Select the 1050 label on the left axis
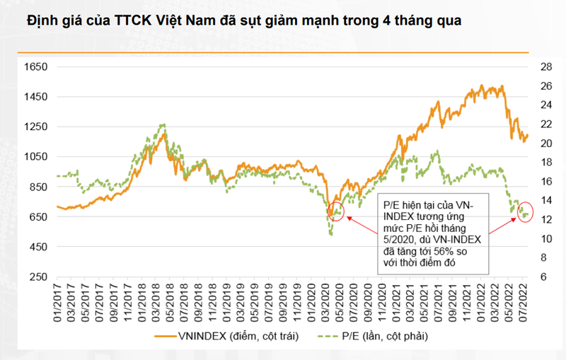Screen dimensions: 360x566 tap(35, 156)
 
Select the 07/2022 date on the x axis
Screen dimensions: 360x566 tap(525, 303)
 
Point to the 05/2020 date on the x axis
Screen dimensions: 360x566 tap(339, 303)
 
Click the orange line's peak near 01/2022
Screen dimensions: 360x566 tap(481, 86)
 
